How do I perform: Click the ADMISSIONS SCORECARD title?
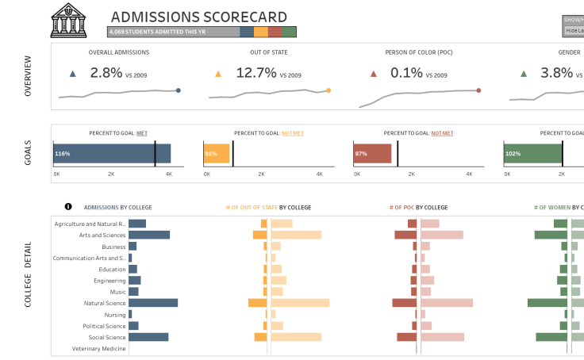pyautogui.click(x=199, y=17)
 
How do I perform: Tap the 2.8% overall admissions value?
pyautogui.click(x=106, y=73)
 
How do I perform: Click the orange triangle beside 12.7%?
pyautogui.click(x=218, y=74)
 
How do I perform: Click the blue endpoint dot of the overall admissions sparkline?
pyautogui.click(x=179, y=90)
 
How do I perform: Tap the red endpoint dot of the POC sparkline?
pyautogui.click(x=478, y=90)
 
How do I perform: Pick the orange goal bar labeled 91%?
pyautogui.click(x=216, y=154)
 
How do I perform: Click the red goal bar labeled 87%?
pyautogui.click(x=372, y=154)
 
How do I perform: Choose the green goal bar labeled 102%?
pyautogui.click(x=532, y=154)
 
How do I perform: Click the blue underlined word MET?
pyautogui.click(x=142, y=133)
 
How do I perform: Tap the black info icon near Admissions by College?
pyautogui.click(x=68, y=207)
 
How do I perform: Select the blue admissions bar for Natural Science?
pyautogui.click(x=153, y=303)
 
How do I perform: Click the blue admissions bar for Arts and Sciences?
pyautogui.click(x=149, y=235)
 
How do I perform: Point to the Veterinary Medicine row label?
pyautogui.click(x=98, y=349)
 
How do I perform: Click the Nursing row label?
pyautogui.click(x=115, y=315)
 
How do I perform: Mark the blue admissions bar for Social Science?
pyautogui.click(x=148, y=337)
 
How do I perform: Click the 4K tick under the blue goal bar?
pyautogui.click(x=169, y=174)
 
